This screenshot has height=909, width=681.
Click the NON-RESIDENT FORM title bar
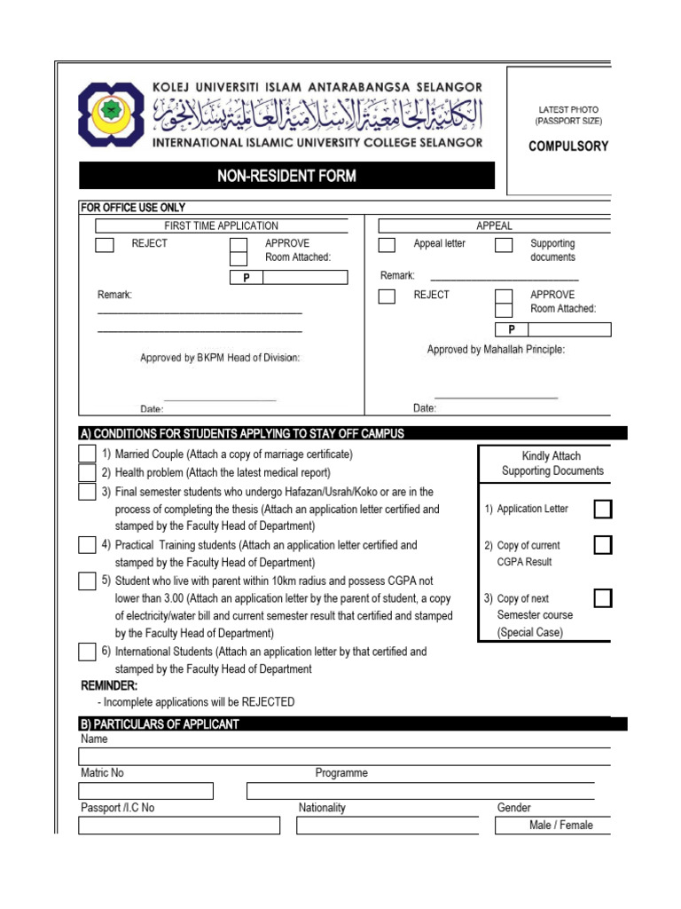click(286, 176)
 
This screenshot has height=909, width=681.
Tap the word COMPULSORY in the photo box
click(567, 146)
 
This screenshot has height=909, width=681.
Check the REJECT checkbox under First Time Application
click(105, 245)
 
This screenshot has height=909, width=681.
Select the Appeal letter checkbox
click(387, 245)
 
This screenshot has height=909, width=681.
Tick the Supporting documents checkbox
click(504, 245)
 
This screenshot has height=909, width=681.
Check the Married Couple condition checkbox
click(87, 454)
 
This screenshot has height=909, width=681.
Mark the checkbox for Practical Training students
click(87, 545)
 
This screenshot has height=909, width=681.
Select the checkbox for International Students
click(87, 652)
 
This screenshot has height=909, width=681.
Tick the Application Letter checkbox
click(602, 509)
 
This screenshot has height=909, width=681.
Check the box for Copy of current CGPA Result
click(602, 545)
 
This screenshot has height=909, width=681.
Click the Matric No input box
click(146, 791)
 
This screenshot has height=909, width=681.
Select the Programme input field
click(420, 791)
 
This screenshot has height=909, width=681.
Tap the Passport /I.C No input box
click(179, 826)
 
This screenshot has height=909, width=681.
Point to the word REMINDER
click(109, 686)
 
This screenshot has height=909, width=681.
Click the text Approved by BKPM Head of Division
click(220, 358)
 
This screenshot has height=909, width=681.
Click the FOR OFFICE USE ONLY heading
click(133, 208)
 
